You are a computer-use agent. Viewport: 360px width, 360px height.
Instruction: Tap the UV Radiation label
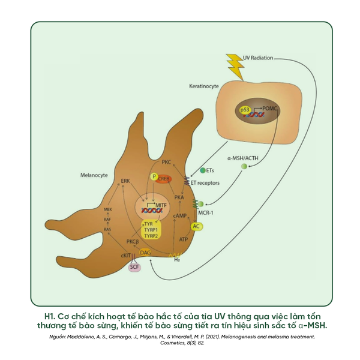[258, 58]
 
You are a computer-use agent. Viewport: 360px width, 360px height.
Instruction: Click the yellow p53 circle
[244, 110]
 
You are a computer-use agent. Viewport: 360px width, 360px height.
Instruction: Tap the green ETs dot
[203, 171]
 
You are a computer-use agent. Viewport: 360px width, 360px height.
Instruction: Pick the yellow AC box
[196, 226]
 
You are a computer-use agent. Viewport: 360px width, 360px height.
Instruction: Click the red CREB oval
[164, 178]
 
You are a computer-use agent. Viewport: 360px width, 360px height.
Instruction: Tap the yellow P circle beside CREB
[154, 177]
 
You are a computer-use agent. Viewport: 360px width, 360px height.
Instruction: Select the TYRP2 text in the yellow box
[151, 236]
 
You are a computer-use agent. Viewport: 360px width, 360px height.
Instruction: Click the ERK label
[125, 180]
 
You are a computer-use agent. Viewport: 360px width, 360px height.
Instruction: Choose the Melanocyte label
[94, 175]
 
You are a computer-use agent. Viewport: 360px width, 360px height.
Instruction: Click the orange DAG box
[146, 253]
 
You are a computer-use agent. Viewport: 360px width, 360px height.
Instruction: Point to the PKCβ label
[133, 241]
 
